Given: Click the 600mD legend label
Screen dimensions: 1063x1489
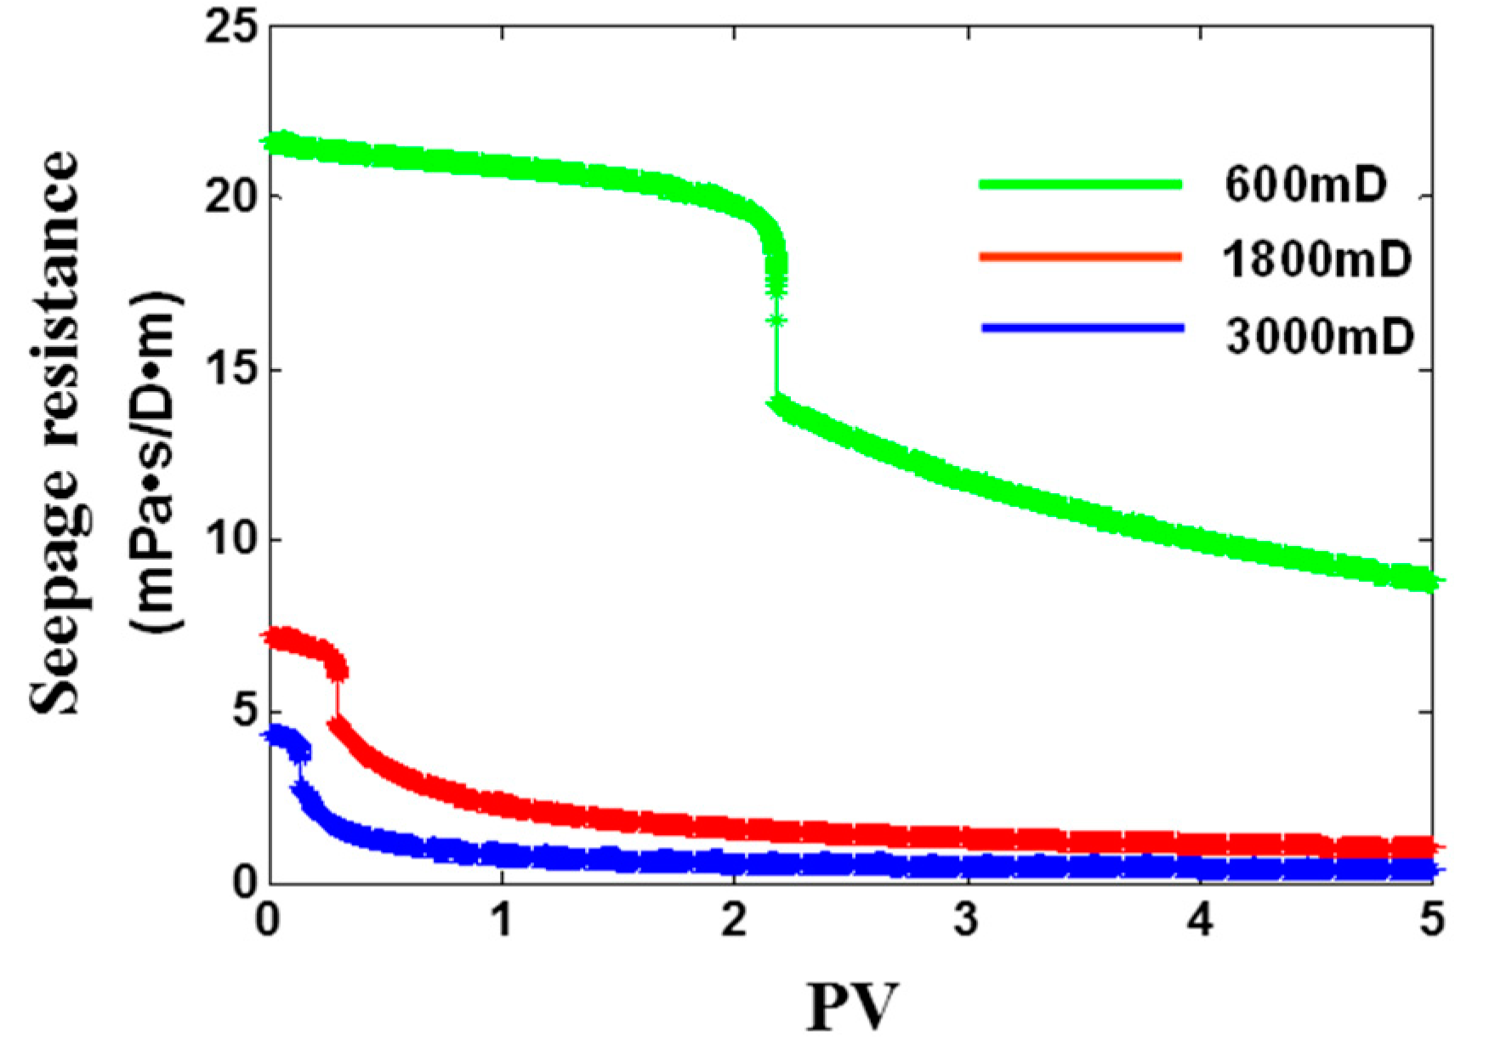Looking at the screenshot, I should (1305, 186).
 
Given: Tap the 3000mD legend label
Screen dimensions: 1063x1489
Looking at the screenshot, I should (1318, 337).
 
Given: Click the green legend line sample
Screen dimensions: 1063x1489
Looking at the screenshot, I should (1080, 184).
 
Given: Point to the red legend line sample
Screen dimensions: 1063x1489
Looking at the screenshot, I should (1080, 256).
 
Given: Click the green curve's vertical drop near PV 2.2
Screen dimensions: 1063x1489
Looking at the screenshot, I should (776, 357).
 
